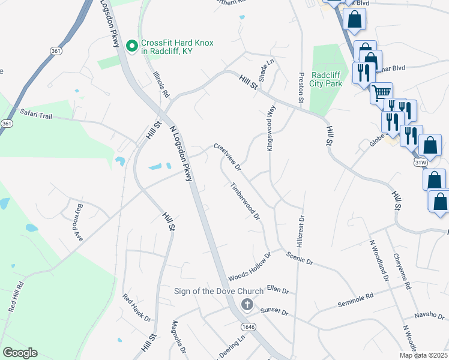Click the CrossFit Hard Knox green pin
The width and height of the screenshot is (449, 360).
tap(132, 46)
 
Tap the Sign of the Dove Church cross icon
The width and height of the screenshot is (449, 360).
tap(246, 305)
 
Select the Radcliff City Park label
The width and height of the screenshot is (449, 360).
tap(327, 79)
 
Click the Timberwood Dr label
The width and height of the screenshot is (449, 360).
tap(246, 201)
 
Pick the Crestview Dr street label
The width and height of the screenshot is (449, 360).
tap(228, 156)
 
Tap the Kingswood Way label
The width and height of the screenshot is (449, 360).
tap(271, 128)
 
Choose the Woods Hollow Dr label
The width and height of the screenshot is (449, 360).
tap(250, 267)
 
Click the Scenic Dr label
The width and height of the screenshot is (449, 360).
tap(300, 259)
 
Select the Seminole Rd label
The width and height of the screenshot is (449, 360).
tap(355, 296)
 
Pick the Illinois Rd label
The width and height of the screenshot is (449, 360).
tap(161, 85)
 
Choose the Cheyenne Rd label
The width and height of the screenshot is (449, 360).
tap(402, 271)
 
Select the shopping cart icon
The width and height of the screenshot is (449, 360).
tap(381, 93)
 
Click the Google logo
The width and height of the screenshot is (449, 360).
tap(20, 352)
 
